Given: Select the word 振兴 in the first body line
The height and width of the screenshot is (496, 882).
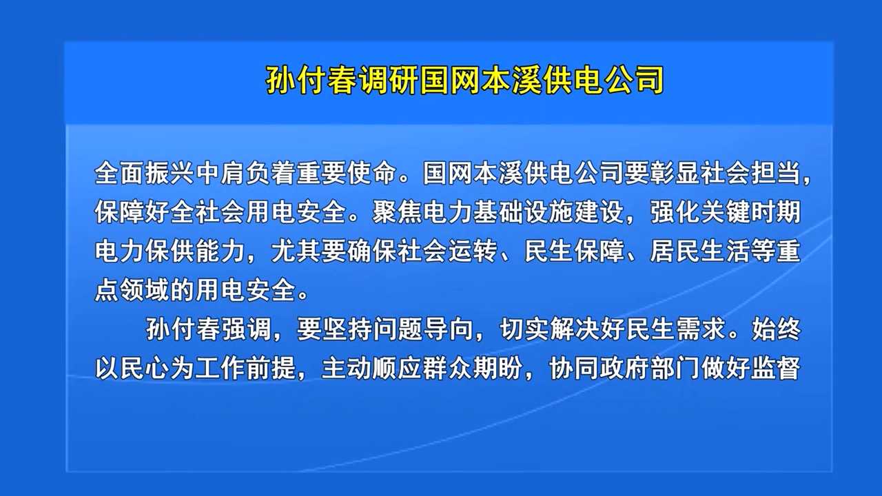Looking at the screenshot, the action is click(x=170, y=173).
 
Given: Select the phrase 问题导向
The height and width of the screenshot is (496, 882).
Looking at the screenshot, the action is click(x=422, y=329).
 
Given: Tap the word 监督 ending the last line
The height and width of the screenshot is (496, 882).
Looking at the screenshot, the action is click(x=776, y=368).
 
